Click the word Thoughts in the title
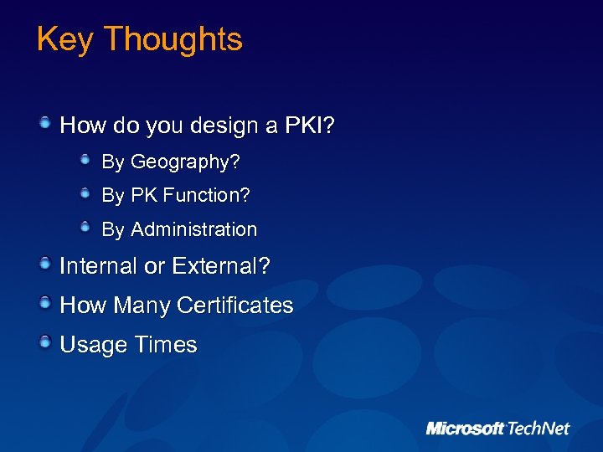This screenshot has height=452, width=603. pos(173,40)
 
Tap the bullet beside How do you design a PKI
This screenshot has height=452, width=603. pos(45,124)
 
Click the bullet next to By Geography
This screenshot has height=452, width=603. pos(86,158)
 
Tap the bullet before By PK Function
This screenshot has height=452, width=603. pos(86,193)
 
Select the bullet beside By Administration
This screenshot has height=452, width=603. pos(86,227)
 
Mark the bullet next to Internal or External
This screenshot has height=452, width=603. pos(45,264)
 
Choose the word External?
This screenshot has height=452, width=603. pos(220,266)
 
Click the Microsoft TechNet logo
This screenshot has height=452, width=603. pos(497,428)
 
